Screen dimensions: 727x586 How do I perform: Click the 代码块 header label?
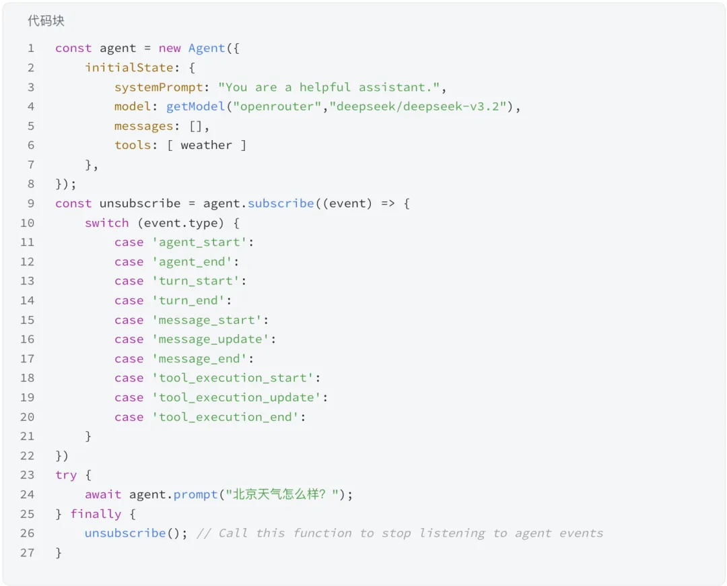tap(46, 21)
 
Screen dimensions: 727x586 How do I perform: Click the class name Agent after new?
tap(207, 48)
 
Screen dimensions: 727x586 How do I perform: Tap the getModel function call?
tap(195, 106)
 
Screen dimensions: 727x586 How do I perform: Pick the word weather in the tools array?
tap(206, 145)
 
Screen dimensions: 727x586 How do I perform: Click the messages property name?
tap(143, 126)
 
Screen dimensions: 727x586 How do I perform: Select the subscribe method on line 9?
tap(281, 203)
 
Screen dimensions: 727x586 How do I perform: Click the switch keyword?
tap(106, 223)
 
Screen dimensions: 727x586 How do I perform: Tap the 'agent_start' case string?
tap(203, 242)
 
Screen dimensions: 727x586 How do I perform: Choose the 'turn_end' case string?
tap(192, 300)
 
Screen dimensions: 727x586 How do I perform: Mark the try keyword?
tap(66, 475)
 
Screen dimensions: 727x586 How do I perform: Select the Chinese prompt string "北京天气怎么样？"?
tap(285, 494)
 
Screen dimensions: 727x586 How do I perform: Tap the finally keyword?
tap(96, 514)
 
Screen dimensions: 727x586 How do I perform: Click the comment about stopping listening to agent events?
tap(400, 533)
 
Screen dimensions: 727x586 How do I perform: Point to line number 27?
tap(27, 552)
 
